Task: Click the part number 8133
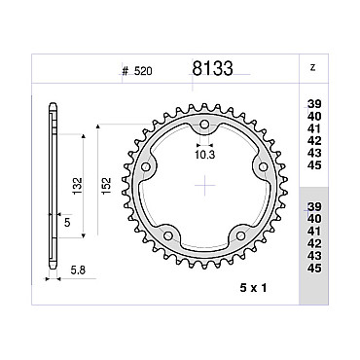(212, 68)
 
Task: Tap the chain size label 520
(143, 71)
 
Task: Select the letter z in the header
(312, 68)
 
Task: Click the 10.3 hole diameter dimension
(205, 155)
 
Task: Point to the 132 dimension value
(78, 186)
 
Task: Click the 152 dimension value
(106, 186)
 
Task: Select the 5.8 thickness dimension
(78, 270)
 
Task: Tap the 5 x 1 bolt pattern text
(253, 288)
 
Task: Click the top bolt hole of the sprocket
(204, 125)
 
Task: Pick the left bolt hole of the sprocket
(146, 167)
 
